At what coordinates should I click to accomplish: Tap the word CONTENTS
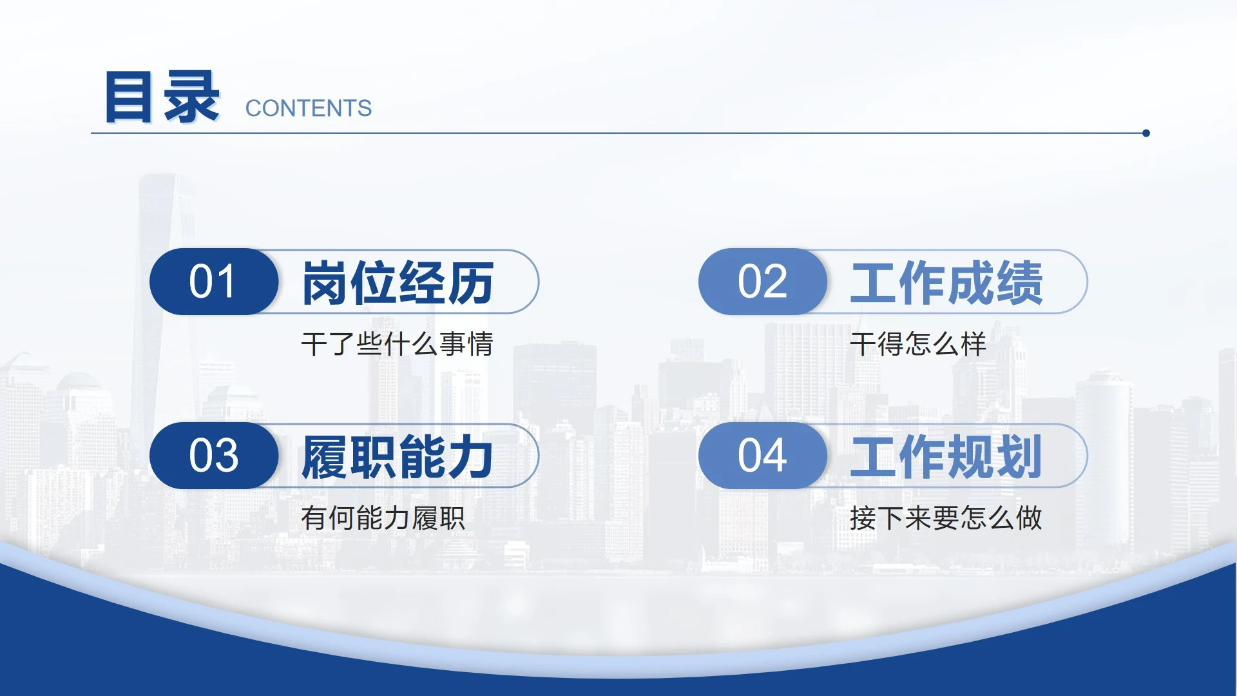[x=309, y=108]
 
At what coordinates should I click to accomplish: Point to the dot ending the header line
[x=1146, y=133]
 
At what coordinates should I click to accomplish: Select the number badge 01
[x=213, y=282]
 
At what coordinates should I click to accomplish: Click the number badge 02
[x=762, y=282]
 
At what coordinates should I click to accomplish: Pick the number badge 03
[x=213, y=456]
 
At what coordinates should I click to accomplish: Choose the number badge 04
[x=762, y=456]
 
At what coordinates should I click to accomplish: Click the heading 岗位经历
[x=398, y=282]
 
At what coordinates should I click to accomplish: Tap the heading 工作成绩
[x=946, y=282]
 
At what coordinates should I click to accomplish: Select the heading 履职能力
[x=398, y=457]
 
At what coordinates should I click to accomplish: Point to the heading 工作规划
[x=946, y=457]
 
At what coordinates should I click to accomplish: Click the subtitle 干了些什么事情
[x=397, y=344]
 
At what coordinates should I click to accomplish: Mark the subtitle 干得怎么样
[x=918, y=344]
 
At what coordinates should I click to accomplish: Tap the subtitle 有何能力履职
[x=383, y=518]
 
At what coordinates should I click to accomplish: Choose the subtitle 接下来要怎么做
[x=946, y=518]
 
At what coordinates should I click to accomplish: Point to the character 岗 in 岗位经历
[x=325, y=282]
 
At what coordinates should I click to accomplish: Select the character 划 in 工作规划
[x=1019, y=457]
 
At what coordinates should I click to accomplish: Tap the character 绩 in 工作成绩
[x=1019, y=282]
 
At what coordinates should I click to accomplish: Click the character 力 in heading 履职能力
[x=471, y=457]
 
